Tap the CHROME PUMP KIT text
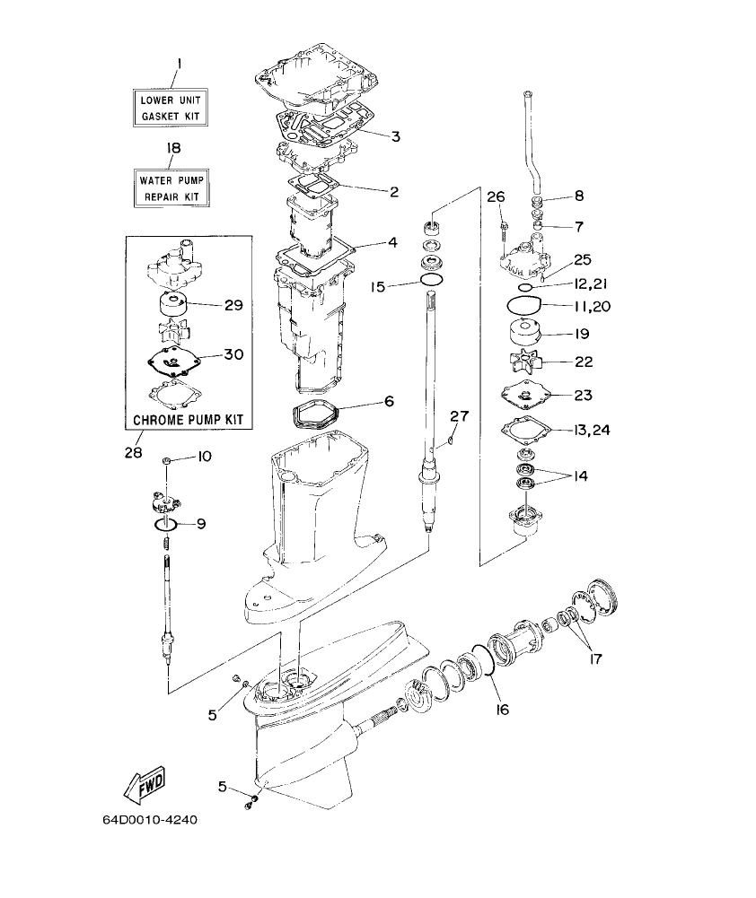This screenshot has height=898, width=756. click(x=189, y=419)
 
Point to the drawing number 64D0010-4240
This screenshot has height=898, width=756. click(x=149, y=821)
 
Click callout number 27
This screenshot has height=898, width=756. click(x=460, y=415)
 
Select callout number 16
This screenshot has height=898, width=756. click(x=501, y=710)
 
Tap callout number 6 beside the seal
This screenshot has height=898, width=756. click(x=389, y=401)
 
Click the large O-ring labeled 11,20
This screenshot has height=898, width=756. click(x=526, y=303)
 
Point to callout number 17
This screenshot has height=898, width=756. click(x=593, y=658)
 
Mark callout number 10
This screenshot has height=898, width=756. click(x=204, y=457)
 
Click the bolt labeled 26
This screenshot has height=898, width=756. click(x=502, y=224)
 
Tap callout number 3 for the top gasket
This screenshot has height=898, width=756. click(x=394, y=136)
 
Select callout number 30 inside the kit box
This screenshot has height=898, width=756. click(x=233, y=354)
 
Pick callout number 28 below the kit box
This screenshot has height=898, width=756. click(x=133, y=453)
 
